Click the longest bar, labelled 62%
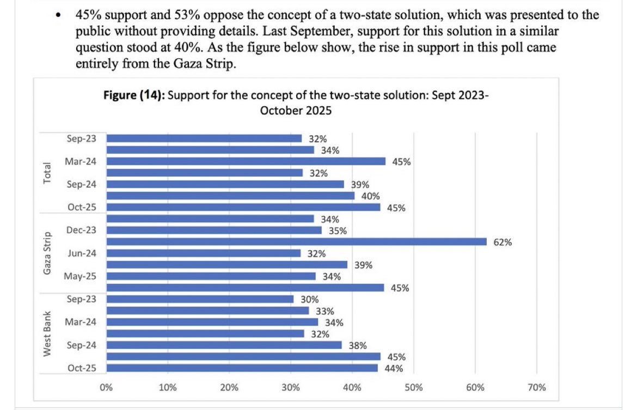coord(296,242)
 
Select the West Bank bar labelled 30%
coord(200,299)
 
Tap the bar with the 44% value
coord(242,368)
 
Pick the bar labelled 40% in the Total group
coord(230,196)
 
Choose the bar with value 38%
coord(224,345)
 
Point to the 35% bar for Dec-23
coord(214,230)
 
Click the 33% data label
coord(325,311)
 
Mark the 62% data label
coord(503,242)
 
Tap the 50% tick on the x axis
coord(414,388)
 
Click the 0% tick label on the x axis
coord(106,388)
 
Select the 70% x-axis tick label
coord(537,388)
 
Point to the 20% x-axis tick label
coord(229,388)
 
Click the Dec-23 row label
coord(81,230)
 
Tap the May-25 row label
coord(81,276)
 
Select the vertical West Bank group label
coord(47,334)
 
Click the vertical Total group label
coord(47,173)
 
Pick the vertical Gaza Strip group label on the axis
coord(47,253)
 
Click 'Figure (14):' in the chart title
coord(134,96)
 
